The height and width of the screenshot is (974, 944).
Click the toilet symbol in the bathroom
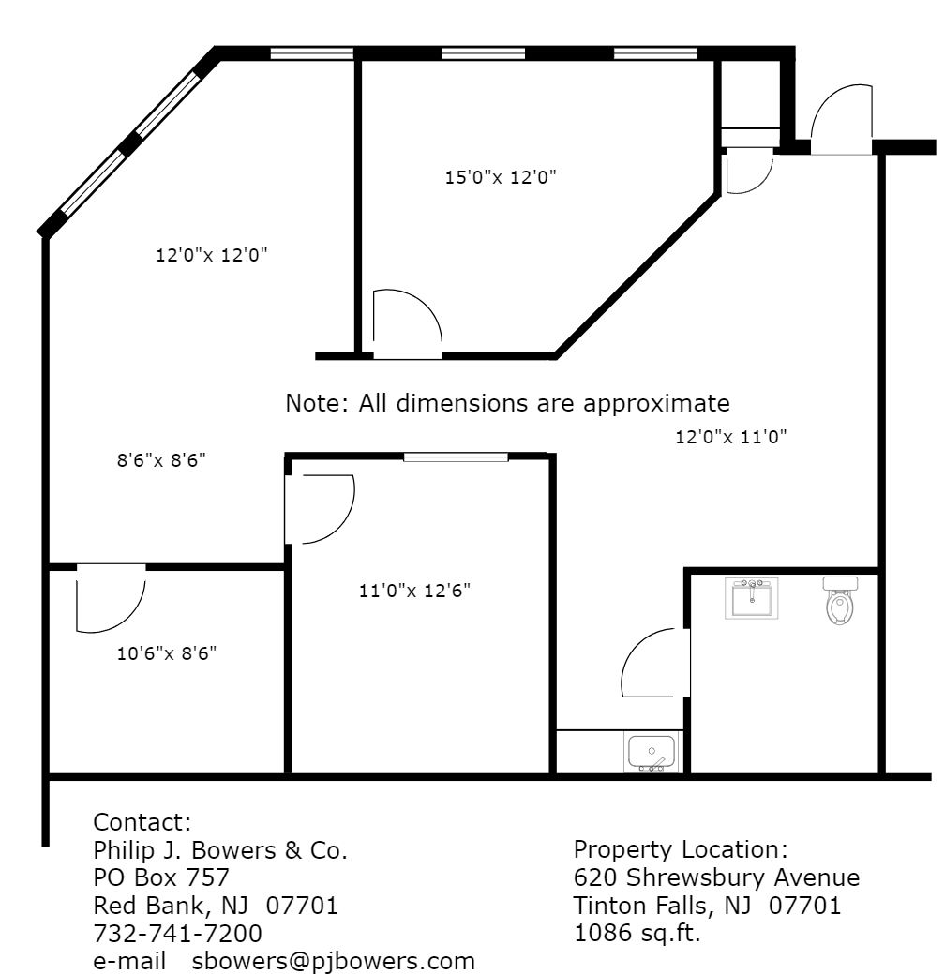pos(840,600)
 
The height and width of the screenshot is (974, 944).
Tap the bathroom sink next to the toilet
pos(752,597)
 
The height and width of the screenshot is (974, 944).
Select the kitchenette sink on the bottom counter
pos(651,752)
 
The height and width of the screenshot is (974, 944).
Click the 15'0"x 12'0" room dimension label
pos(500,177)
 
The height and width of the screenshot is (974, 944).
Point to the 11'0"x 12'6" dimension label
pos(414,590)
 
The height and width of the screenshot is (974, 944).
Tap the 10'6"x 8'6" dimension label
pos(167,653)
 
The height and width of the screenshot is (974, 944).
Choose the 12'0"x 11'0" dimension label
pos(730,437)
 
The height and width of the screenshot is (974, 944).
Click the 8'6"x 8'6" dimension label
pos(161,460)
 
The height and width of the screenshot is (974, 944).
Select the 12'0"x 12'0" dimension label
pos(211,255)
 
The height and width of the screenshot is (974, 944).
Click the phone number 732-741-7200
pos(177,933)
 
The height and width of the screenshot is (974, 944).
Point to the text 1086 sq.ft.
pos(637,933)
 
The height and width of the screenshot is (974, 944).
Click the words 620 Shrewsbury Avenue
pos(716,877)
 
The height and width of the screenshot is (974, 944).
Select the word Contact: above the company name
pos(142,822)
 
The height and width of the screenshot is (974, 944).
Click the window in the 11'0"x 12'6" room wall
pos(456,457)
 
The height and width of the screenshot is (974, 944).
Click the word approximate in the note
pos(656,404)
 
